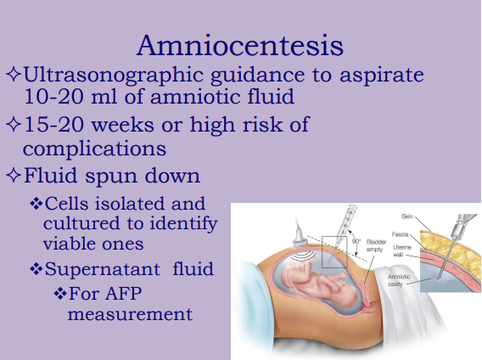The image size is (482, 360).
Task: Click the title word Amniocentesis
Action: pyautogui.click(x=241, y=44)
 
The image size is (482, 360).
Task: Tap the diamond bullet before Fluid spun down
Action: pyautogui.click(x=13, y=178)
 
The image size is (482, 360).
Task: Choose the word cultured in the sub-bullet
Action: pyautogui.click(x=81, y=223)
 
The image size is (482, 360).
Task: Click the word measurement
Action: pyautogui.click(x=130, y=314)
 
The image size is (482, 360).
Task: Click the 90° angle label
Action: pyautogui.click(x=356, y=241)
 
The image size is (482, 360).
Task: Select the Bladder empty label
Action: pyautogui.click(x=376, y=245)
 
